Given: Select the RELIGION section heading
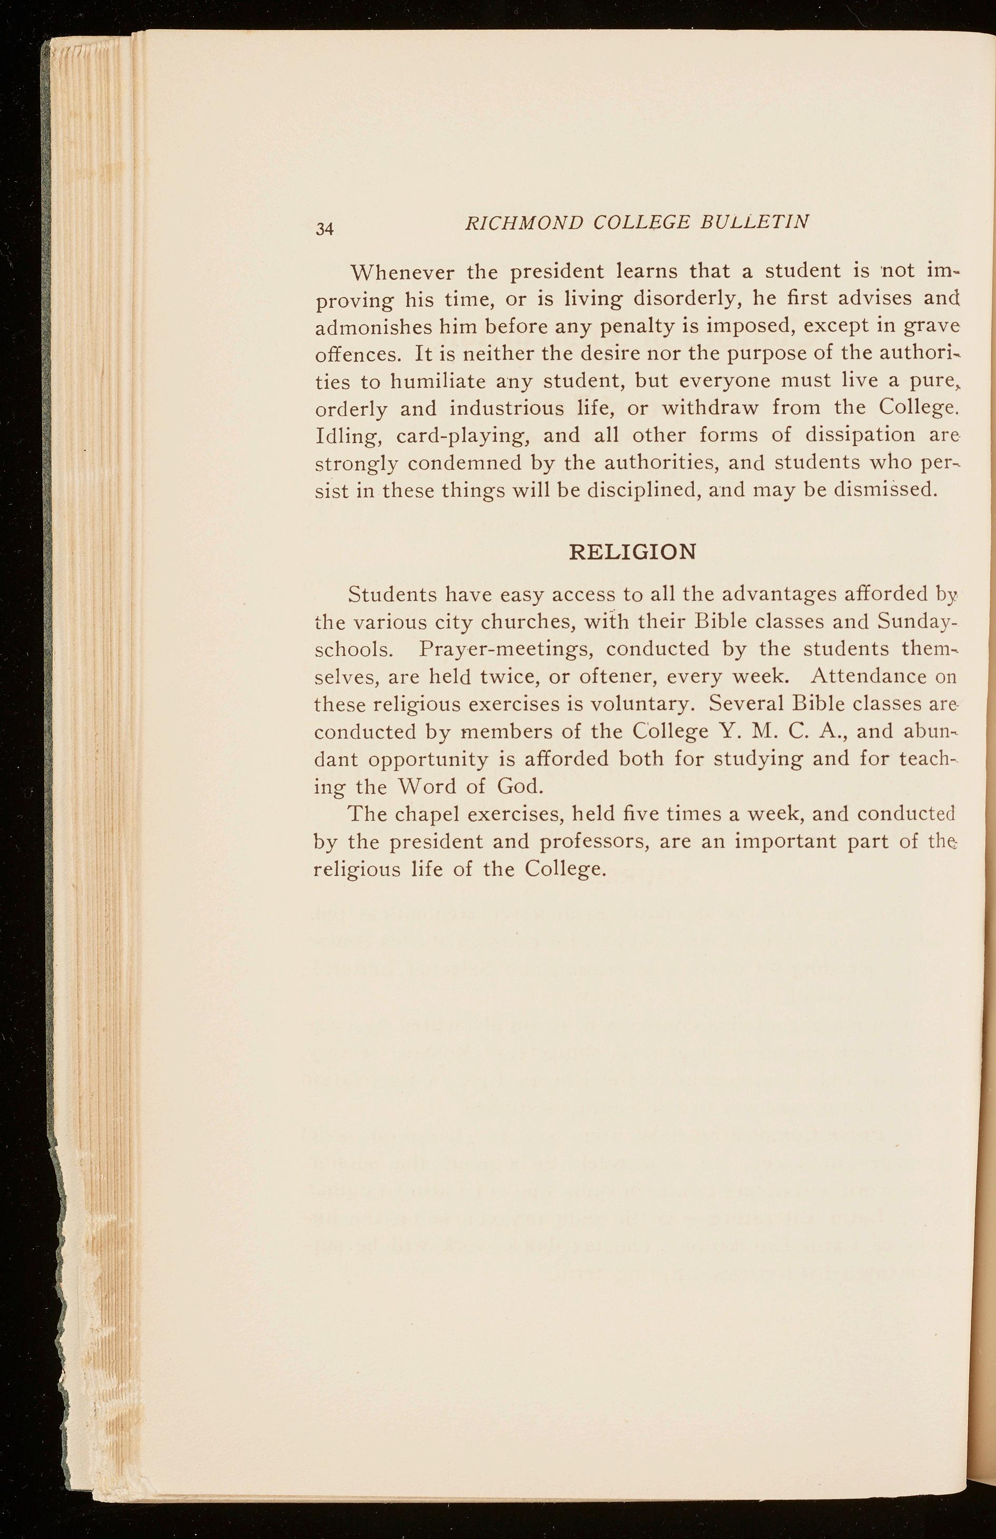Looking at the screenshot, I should pos(632,552).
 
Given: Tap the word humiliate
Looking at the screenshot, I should pos(438,382).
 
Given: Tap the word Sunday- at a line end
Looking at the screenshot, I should pos(916,622).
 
